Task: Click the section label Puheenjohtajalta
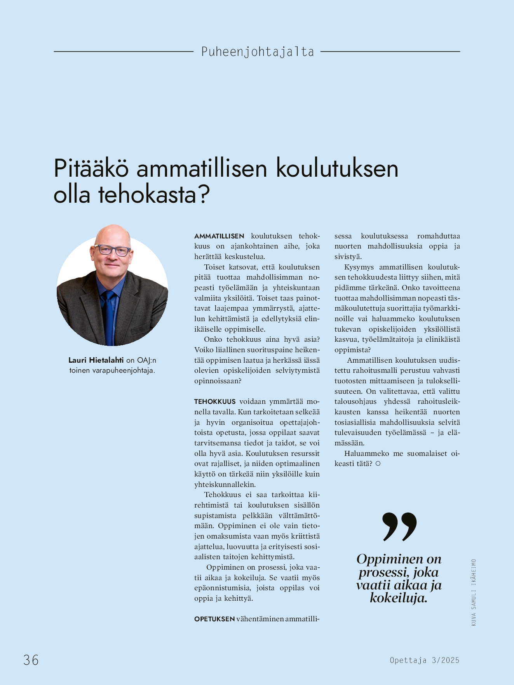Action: pos(257,52)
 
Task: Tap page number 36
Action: pos(31,660)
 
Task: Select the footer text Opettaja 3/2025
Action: pos(425,660)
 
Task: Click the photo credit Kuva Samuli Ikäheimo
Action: pos(474,592)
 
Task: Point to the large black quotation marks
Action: pos(399,527)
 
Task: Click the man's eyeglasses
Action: pos(112,250)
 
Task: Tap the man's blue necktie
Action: pos(108,315)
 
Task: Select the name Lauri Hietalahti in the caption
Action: pos(96,360)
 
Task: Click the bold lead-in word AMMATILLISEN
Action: pos(219,236)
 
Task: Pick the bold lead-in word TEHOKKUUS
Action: pos(215,402)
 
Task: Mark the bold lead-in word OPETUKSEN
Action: pos(214,619)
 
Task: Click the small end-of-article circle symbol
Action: pos(378,464)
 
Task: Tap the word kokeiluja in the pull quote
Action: pos(398,598)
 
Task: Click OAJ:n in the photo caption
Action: pos(146,360)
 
